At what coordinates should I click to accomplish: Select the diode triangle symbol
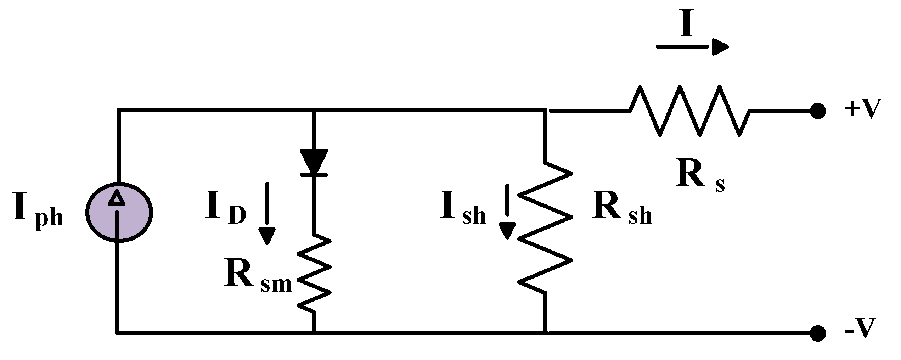point(314,162)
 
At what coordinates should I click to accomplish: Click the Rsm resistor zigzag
point(314,273)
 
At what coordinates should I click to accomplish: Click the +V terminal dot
point(818,111)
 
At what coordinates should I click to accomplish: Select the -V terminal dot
point(818,333)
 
